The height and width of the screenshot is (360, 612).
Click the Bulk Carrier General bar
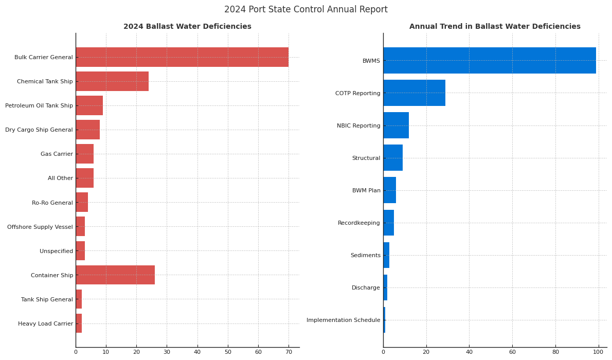pos(182,57)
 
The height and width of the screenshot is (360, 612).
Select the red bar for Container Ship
pos(115,275)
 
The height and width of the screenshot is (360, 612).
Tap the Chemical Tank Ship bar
pos(112,81)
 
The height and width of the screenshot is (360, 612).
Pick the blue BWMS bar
pos(489,61)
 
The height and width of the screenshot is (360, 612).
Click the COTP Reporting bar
pos(414,93)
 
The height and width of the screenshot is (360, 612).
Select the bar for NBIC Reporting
pos(396,125)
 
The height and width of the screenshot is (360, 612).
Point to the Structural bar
pos(393,158)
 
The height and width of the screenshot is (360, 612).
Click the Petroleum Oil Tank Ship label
pos(39,106)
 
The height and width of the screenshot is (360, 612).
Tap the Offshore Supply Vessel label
pos(40,227)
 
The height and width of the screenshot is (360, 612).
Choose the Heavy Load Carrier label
pos(46,324)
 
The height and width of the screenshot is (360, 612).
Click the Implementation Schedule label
pos(344,320)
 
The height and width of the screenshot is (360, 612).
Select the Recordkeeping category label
pos(359,223)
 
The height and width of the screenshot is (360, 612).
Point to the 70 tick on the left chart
pos(289,352)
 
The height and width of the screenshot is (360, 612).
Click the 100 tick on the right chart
pos(598,352)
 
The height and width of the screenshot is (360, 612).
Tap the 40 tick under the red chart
pos(197,352)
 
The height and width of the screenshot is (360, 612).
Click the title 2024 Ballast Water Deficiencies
pos(187,27)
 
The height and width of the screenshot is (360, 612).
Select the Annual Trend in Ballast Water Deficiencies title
pos(495,27)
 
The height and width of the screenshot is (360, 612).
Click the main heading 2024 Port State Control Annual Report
pos(306,10)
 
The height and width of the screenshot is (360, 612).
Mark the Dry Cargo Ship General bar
pos(88,130)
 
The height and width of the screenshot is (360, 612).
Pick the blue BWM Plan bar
pos(389,190)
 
